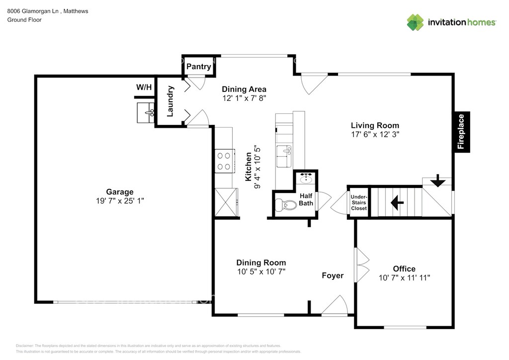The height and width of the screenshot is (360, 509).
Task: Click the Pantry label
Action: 199,67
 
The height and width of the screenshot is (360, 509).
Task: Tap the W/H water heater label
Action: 144,87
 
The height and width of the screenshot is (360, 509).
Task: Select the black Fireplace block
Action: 461,131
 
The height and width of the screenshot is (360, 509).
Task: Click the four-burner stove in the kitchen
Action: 225,161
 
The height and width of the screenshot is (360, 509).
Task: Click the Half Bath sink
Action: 306,179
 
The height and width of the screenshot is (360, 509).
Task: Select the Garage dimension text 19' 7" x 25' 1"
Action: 120,201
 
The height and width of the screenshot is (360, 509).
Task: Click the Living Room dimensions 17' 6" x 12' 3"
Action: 375,134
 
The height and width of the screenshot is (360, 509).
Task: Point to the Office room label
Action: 404,269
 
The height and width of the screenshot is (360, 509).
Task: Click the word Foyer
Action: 333,275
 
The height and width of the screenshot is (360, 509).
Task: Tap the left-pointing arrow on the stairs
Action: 397,202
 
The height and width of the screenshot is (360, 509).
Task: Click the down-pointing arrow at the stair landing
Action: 437,180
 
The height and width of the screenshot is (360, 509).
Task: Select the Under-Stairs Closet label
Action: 359,202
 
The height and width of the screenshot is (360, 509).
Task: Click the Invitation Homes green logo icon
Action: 416,22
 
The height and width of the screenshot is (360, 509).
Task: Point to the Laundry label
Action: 170,101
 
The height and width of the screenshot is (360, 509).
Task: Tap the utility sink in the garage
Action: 146,113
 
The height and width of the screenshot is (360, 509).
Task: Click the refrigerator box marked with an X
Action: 226,202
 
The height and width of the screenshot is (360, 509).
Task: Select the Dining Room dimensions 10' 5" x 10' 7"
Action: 261,271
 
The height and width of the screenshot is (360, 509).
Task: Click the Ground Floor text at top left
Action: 24,20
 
